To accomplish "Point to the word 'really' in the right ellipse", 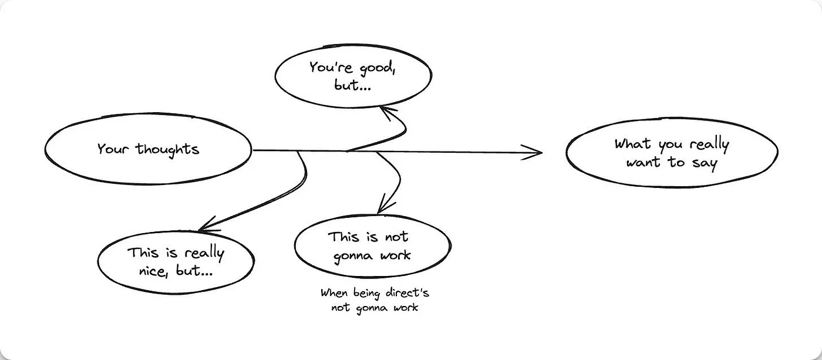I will click(709, 145).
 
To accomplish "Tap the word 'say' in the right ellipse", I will click(705, 163).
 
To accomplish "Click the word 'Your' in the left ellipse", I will click(114, 149).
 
